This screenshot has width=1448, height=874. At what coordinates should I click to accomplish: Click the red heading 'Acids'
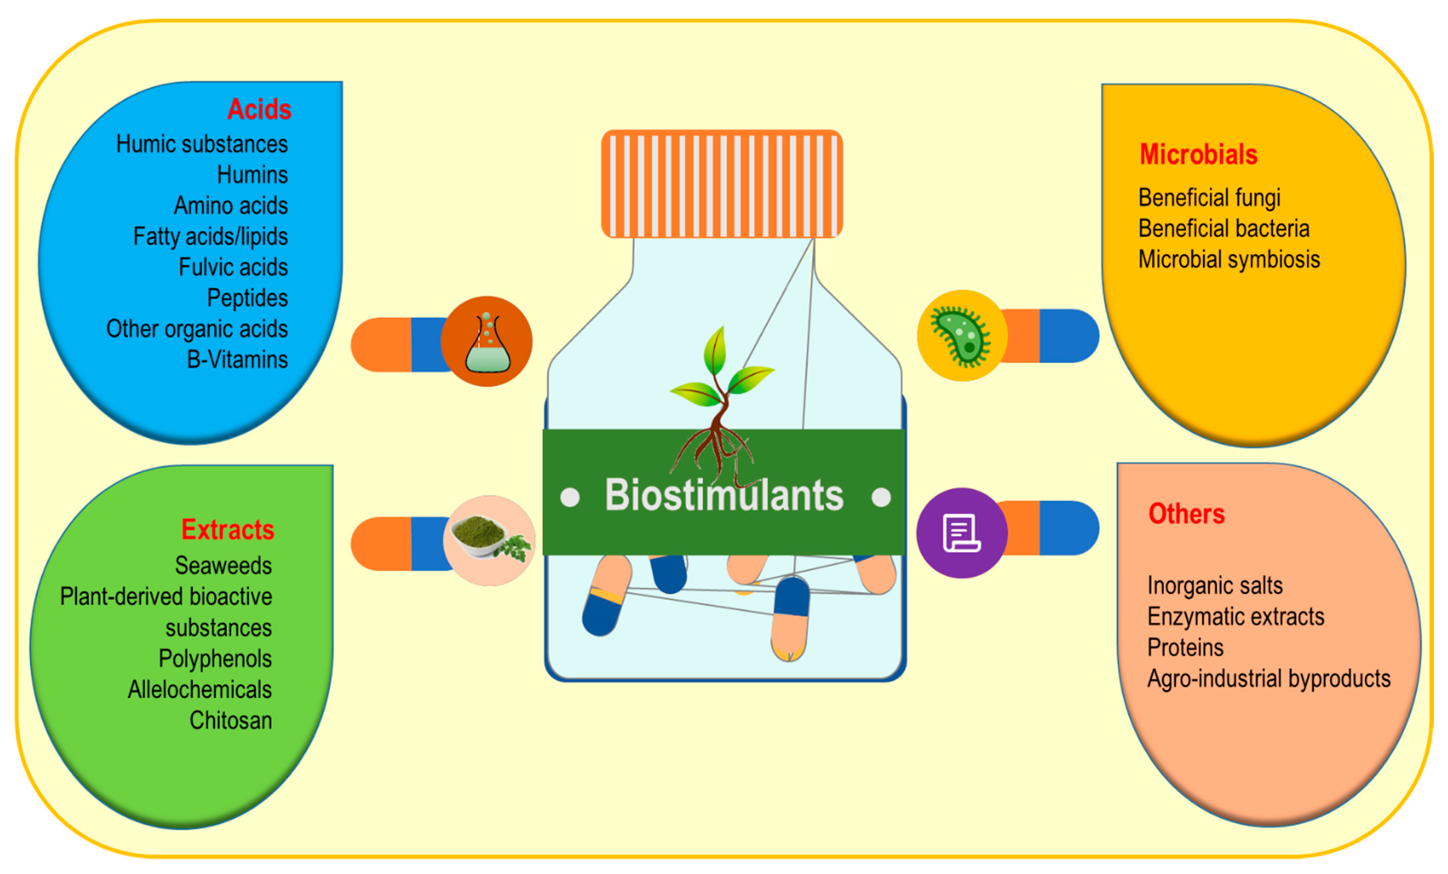[259, 109]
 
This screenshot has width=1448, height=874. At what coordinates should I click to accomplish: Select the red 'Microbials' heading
[1198, 155]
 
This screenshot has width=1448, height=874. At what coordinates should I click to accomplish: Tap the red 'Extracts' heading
[227, 530]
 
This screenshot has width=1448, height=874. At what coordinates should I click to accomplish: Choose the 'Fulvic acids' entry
[233, 268]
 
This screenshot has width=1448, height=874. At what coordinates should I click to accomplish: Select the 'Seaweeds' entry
[223, 566]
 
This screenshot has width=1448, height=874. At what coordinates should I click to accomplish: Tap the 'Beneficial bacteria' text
[1224, 229]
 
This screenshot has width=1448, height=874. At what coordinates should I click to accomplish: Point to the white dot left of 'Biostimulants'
[569, 497]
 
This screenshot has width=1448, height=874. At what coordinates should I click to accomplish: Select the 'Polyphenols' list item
[215, 659]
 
